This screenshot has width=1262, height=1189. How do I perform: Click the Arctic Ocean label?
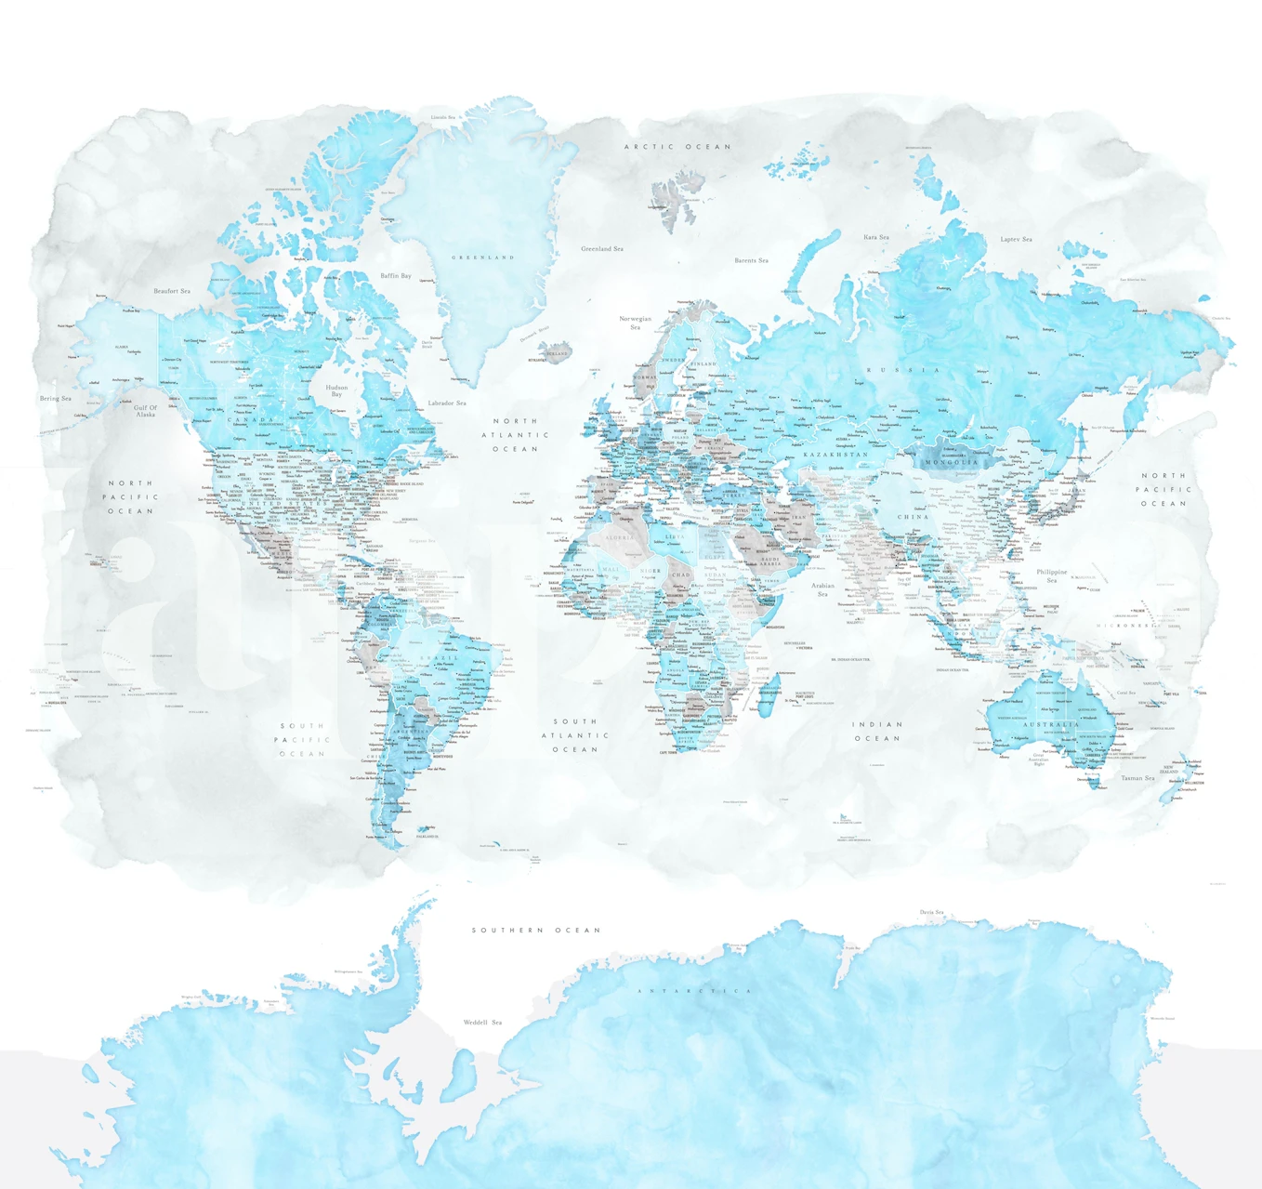[677, 147]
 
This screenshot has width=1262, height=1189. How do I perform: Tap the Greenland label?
[483, 258]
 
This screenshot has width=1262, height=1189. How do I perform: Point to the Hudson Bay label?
[336, 390]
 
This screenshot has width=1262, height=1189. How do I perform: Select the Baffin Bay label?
[396, 276]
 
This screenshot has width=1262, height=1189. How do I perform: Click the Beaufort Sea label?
[172, 291]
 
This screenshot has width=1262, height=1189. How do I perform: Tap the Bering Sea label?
[56, 399]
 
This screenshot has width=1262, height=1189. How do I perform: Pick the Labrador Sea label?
[447, 403]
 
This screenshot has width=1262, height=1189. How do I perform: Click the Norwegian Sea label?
[636, 323]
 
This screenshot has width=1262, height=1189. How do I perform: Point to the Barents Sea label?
[751, 260]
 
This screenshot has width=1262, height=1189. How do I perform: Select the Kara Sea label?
[876, 237]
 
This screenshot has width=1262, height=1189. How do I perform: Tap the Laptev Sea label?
[1016, 239]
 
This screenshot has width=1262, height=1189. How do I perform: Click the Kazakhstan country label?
[836, 455]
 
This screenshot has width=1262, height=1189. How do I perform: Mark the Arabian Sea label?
[822, 589]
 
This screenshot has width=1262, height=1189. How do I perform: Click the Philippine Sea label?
[1052, 575]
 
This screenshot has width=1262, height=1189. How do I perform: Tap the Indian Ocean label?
[878, 731]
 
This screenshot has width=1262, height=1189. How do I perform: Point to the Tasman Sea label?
[1137, 778]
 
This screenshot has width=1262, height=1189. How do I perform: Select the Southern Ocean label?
[536, 930]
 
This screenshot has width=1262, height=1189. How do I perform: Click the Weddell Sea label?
[482, 1023]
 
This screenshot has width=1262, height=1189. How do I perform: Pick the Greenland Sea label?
[602, 249]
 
